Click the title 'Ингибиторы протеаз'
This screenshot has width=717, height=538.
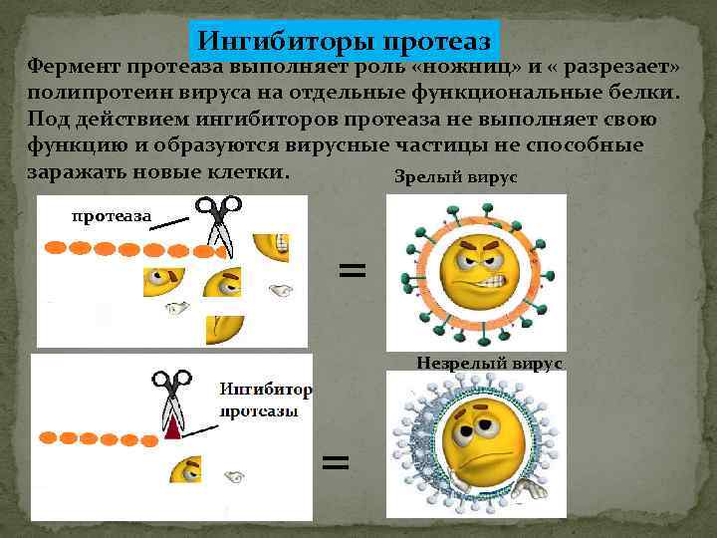pos(344,41)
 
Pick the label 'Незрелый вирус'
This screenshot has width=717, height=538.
pos(489,365)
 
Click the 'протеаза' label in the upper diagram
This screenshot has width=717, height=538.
pos(111,215)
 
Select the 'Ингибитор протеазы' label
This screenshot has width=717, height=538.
pos(264,399)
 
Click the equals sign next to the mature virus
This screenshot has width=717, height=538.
pos(352,269)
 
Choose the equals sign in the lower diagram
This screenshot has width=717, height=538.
pos(336,460)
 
